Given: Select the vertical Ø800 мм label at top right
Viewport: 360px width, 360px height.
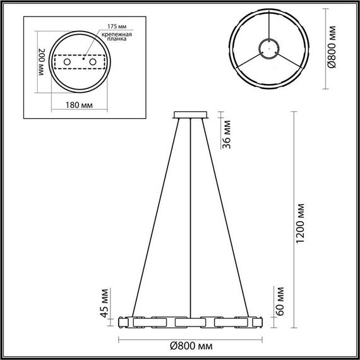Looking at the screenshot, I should pos(337,49).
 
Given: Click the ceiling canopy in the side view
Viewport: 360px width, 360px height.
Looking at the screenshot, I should pos(190,114).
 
